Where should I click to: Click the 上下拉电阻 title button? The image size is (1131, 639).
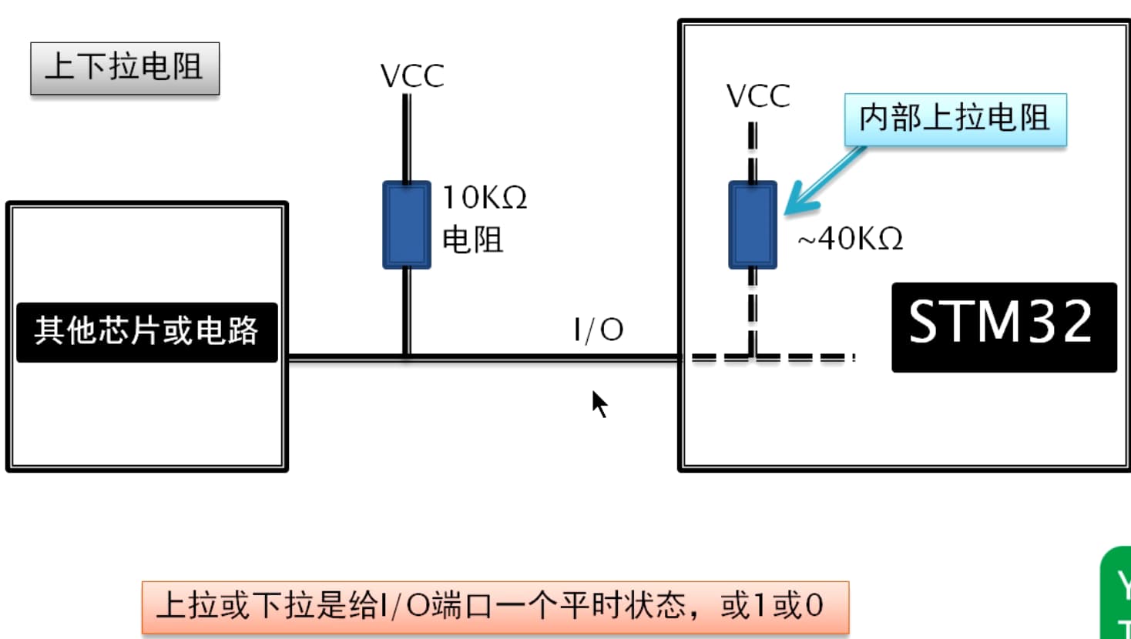tap(125, 68)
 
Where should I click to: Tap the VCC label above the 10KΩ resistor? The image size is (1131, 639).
tap(412, 76)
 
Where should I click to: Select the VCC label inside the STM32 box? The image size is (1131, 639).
tap(758, 96)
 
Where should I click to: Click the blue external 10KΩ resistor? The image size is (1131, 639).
tap(407, 225)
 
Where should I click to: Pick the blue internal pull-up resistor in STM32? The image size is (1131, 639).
tap(753, 225)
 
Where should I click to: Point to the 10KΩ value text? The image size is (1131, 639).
tap(485, 198)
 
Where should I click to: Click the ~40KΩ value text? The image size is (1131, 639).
tap(851, 239)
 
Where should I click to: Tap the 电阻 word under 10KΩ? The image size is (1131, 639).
tap(472, 240)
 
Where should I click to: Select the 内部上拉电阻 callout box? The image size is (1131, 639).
tap(955, 119)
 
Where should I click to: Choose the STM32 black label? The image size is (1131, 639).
tap(1003, 326)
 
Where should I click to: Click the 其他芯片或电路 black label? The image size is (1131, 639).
tap(146, 332)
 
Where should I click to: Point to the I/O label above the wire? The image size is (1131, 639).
tap(599, 330)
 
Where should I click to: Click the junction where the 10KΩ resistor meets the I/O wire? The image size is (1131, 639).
tap(407, 357)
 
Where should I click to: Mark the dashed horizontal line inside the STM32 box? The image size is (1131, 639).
tap(801, 357)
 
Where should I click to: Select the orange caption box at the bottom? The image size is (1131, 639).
tap(495, 607)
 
